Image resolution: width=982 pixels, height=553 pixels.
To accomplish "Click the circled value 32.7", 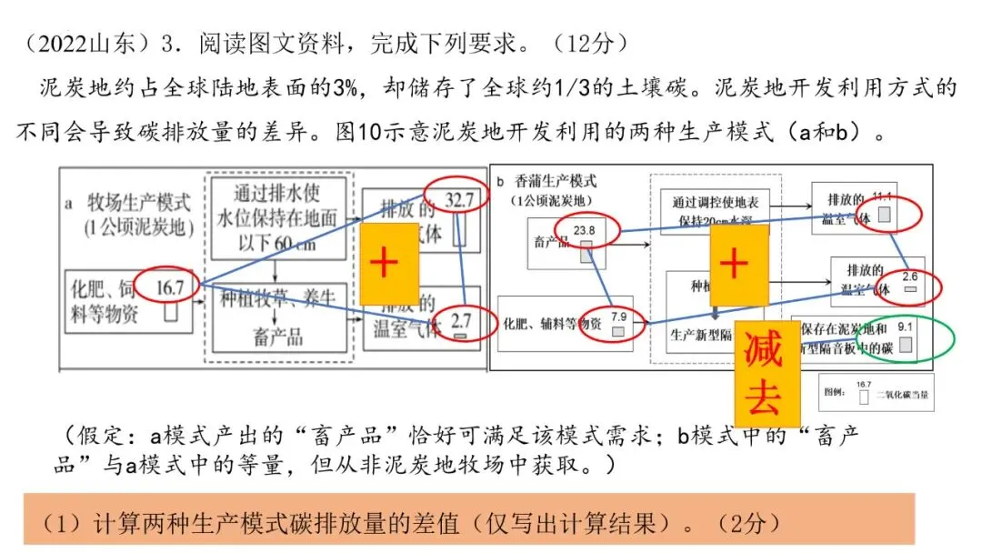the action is tap(459, 201).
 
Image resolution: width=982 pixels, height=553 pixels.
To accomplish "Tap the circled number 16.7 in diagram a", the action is tap(169, 287).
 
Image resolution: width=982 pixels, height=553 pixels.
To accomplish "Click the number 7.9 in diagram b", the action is tap(618, 317).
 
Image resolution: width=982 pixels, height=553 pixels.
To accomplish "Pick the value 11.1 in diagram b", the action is tap(883, 199).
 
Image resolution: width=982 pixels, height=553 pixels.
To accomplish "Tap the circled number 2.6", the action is tap(909, 276).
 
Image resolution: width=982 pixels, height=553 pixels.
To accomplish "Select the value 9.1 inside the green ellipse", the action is tap(906, 326).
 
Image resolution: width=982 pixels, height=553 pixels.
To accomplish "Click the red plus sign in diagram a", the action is tap(384, 263).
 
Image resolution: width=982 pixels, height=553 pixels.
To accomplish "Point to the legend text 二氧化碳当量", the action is tap(906, 394).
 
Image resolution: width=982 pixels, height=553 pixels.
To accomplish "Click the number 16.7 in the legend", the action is tap(863, 385).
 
